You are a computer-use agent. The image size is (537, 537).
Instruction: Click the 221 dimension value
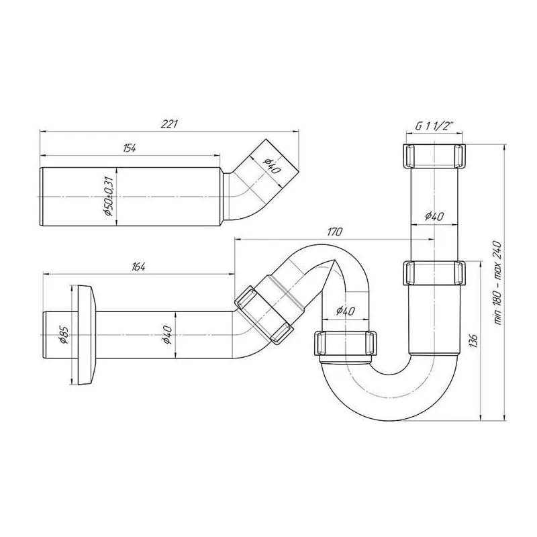(169, 124)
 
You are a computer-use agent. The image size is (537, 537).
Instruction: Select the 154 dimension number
(129, 148)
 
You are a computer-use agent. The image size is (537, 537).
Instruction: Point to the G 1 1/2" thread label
(434, 126)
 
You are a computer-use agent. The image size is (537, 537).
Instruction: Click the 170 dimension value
(334, 232)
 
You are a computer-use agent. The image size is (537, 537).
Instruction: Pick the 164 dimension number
(138, 266)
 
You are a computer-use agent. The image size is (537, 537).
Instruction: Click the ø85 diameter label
(64, 334)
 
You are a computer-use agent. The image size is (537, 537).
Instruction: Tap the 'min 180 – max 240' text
(497, 283)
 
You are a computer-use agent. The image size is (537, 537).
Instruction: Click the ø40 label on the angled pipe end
(271, 166)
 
